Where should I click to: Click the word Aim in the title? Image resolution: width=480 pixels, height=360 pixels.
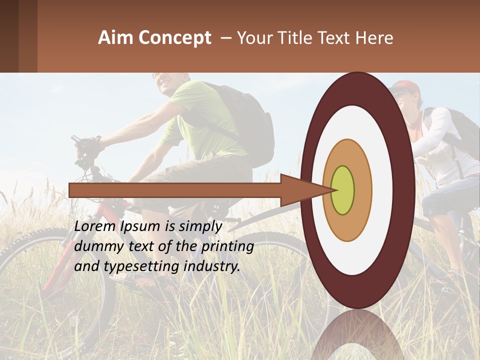point(113,38)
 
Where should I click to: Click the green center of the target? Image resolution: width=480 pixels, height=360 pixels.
point(342,190)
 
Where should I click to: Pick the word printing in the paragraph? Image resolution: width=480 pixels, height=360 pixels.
point(228,247)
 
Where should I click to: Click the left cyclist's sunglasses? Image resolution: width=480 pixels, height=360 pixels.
point(159,76)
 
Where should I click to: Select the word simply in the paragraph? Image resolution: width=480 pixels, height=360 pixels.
point(200,227)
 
